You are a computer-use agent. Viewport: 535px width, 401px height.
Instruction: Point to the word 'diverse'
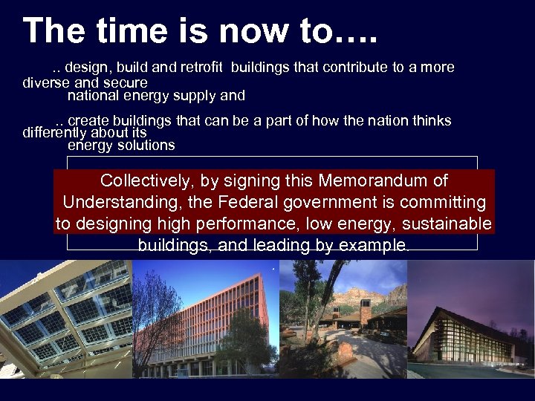tap(46, 82)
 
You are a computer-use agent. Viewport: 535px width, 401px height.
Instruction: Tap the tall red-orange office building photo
tap(204, 319)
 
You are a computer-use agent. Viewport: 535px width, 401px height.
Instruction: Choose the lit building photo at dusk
tap(471, 327)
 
